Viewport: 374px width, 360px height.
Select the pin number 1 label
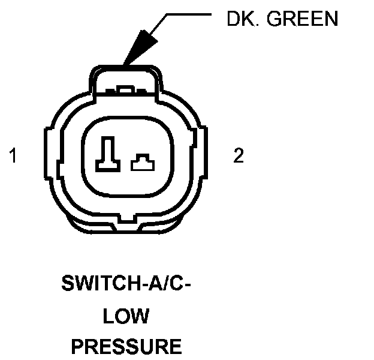tap(13, 157)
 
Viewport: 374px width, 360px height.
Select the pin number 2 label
tap(239, 157)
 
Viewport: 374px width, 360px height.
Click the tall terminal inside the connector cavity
tap(107, 153)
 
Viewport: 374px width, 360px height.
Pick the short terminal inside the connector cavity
tap(143, 162)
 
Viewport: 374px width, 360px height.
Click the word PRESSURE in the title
tap(126, 346)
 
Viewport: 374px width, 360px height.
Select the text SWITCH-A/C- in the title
tap(126, 284)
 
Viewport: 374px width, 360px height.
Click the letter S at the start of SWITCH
tap(67, 284)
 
